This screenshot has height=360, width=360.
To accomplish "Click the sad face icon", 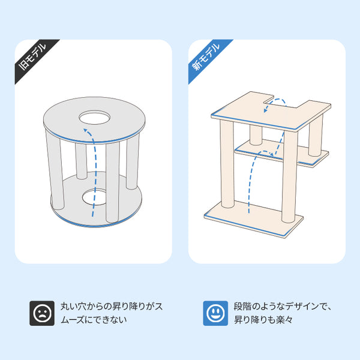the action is [42, 313].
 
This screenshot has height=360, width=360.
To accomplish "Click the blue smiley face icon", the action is [215, 313].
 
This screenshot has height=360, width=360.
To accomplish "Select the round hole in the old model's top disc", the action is [94, 118].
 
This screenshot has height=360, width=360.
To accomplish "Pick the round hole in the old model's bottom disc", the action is [95, 197].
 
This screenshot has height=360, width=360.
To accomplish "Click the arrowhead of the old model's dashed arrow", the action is [86, 131].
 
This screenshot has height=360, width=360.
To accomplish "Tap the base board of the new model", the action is [253, 219].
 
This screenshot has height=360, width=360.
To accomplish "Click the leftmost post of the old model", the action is [55, 170].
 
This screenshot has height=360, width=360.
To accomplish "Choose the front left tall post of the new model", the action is [227, 164].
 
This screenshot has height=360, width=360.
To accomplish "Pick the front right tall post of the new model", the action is [289, 177].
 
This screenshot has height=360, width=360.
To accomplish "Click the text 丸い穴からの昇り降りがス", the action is [112, 307].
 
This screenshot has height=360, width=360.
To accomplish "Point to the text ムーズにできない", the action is [94, 320].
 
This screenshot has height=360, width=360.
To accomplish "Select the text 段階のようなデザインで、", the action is [283, 307].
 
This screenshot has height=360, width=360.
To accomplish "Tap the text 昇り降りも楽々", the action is [263, 320].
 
